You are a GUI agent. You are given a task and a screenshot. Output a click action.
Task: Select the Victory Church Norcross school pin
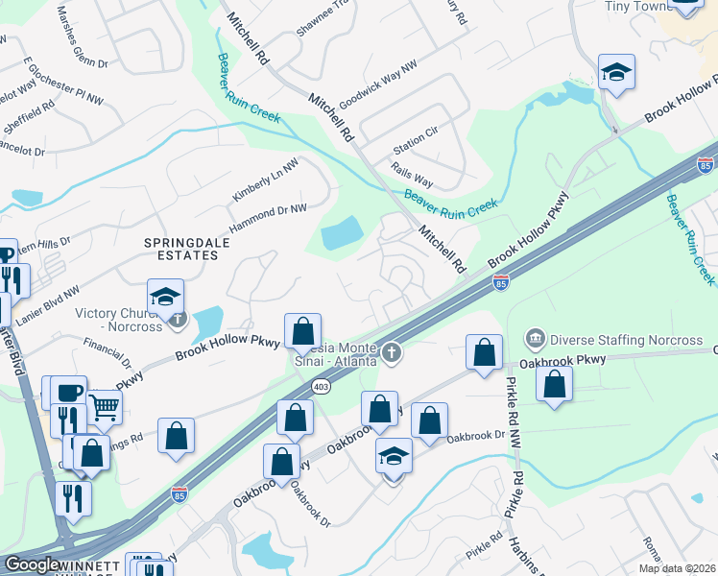(165, 298)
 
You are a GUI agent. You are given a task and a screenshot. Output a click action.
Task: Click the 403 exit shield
(321, 386)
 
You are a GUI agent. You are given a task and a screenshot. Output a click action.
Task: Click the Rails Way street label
(413, 174)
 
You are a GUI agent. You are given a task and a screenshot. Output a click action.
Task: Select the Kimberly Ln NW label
(264, 180)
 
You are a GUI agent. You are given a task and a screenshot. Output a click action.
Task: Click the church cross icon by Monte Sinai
(391, 352)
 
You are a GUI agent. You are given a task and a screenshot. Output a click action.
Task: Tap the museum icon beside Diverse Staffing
(536, 338)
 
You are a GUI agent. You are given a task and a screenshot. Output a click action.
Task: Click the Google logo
(32, 565)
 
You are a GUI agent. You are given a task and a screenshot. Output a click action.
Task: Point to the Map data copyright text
(678, 568)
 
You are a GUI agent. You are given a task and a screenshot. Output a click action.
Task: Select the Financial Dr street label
(107, 351)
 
